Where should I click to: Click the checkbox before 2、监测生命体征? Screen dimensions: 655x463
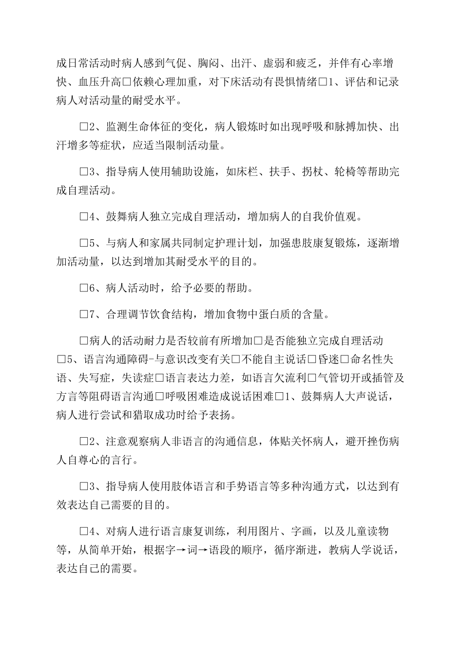[83, 127]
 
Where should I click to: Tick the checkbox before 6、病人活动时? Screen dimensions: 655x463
[83, 288]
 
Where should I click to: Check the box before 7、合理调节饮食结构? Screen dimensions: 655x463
[83, 314]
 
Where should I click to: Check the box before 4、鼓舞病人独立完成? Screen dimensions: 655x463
[83, 217]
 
